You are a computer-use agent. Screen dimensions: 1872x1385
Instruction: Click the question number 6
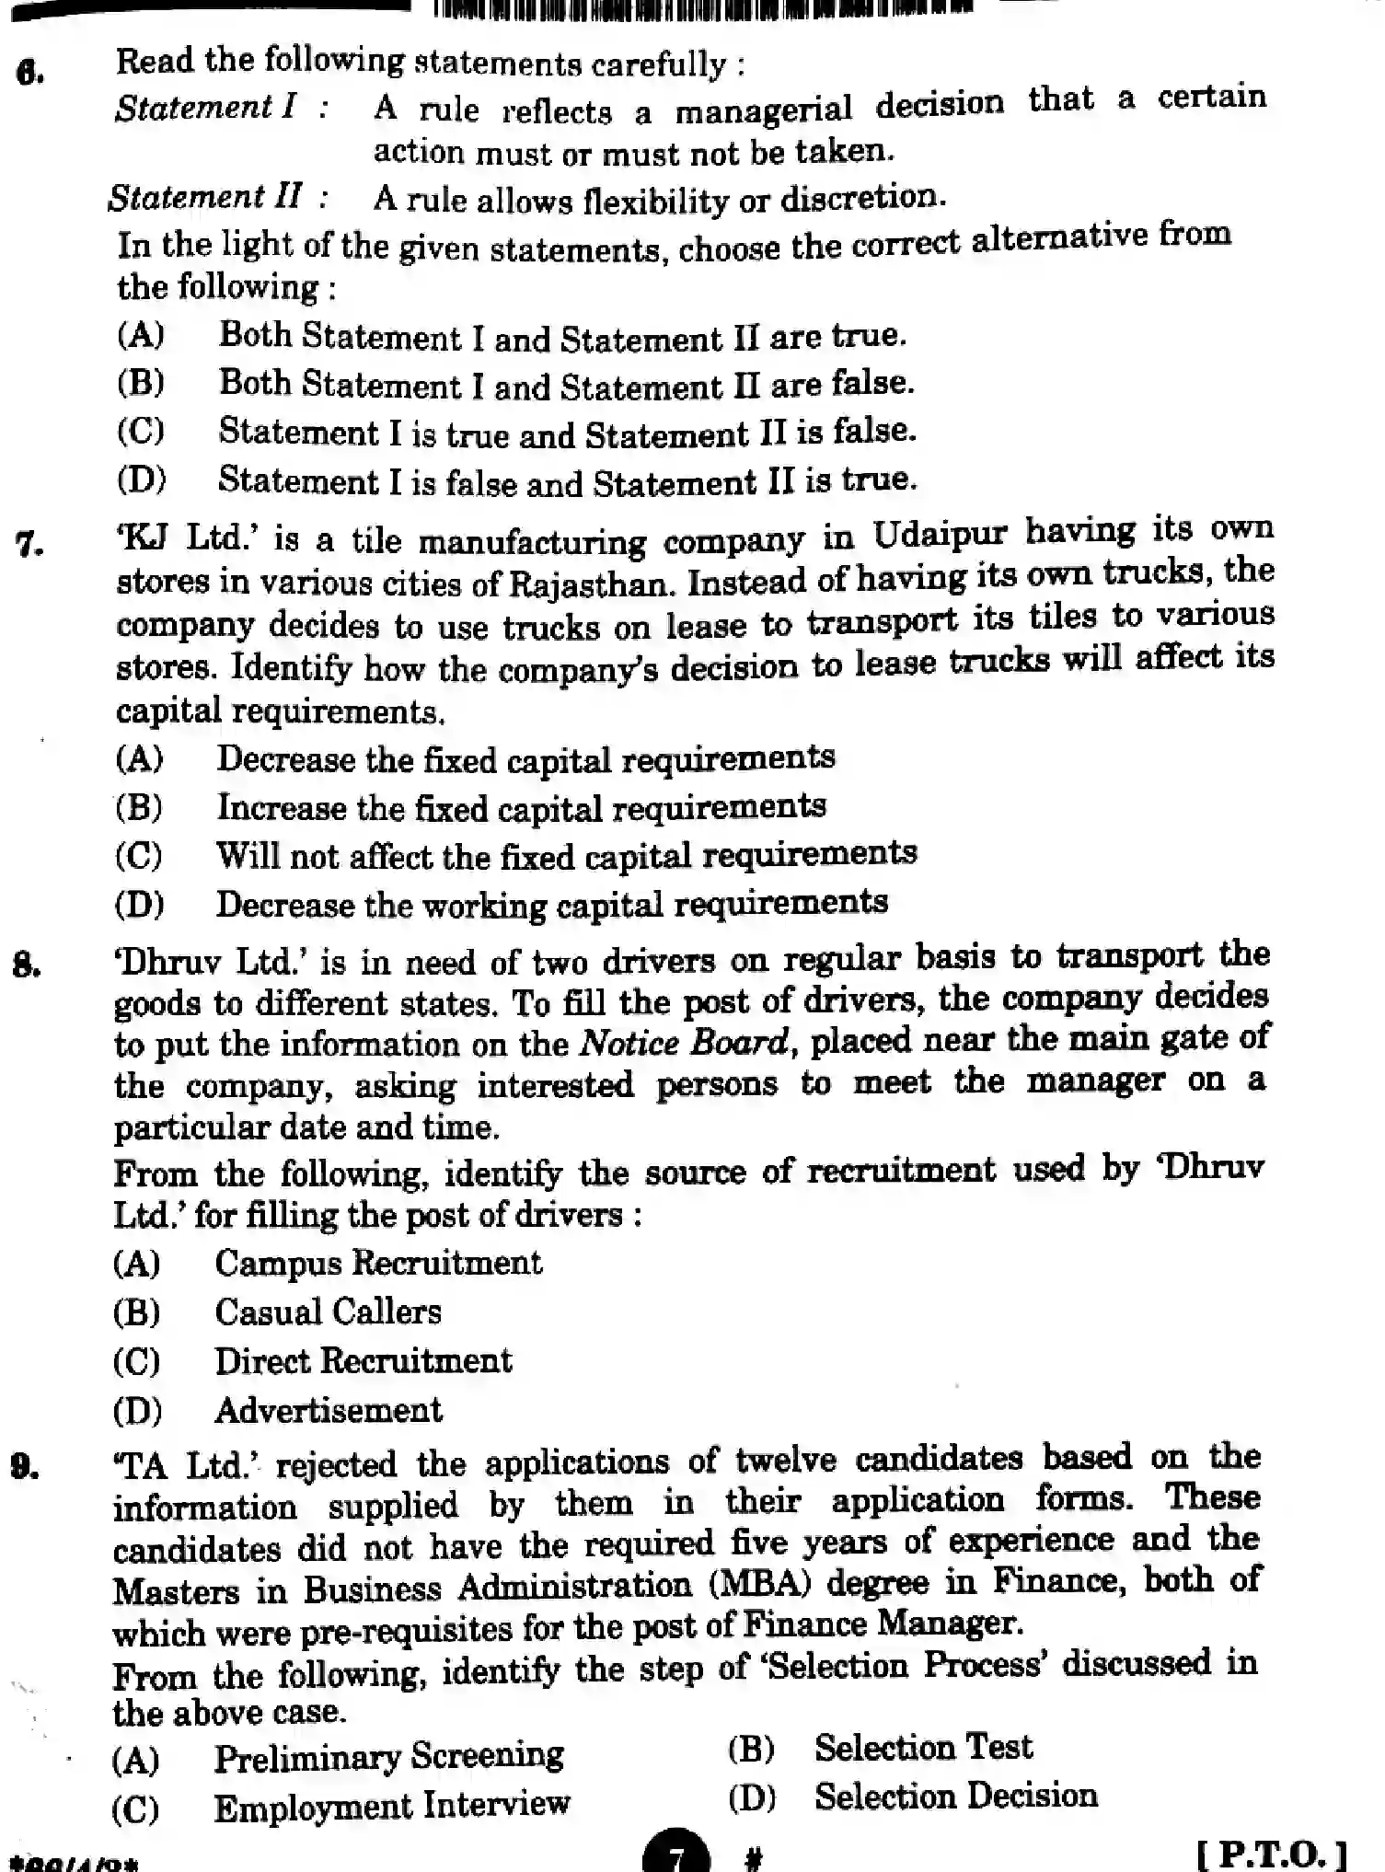tap(30, 73)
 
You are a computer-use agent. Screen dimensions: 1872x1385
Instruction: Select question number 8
tap(27, 966)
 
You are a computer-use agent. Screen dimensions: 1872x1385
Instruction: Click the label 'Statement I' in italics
tap(205, 109)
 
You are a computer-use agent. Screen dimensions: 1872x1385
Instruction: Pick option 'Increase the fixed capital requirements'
tap(521, 808)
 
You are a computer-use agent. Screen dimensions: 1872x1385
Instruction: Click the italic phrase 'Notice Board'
tap(683, 1042)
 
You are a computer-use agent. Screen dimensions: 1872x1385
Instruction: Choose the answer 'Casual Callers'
tap(328, 1312)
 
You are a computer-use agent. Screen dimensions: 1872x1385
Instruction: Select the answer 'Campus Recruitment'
tap(378, 1263)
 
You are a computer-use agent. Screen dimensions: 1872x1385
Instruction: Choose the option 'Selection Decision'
tap(955, 1797)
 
